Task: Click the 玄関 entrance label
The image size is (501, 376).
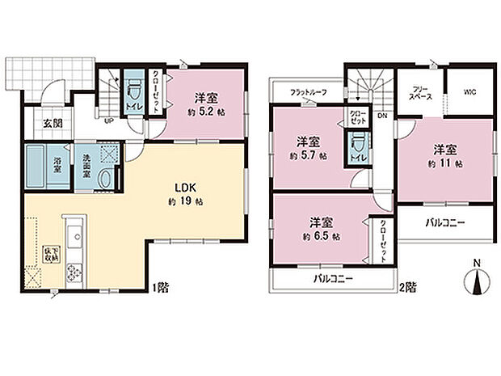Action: (53, 123)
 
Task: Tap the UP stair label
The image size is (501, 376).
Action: (109, 121)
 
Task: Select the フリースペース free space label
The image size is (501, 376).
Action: (420, 92)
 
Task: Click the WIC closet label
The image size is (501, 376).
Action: (469, 93)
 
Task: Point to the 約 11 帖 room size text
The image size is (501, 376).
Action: (445, 163)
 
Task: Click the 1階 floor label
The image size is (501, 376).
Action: (161, 286)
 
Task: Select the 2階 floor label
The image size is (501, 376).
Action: (410, 286)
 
